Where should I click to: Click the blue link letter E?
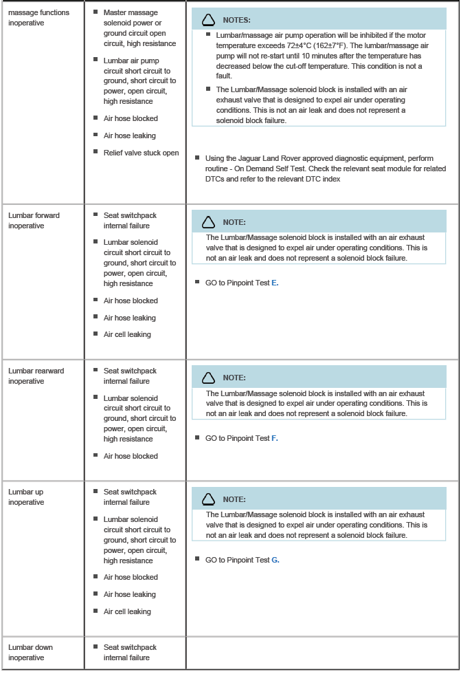coord(275,283)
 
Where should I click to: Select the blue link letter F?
coord(275,438)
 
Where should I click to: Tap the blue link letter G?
coord(275,560)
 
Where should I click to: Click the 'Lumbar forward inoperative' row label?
coord(34,220)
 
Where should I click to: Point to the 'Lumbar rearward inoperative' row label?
coord(36,376)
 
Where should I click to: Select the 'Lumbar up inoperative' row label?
coord(26,497)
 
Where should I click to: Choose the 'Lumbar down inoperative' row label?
coord(30,652)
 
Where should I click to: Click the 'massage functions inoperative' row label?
coord(38,17)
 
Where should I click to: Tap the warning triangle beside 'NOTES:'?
coord(207,20)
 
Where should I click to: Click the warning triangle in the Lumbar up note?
coord(207,499)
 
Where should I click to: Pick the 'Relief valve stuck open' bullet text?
coord(141,153)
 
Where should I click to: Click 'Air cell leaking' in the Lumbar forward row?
coord(127,334)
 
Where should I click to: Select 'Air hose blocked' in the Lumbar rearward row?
coord(131,456)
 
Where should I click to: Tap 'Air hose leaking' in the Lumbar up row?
coord(130,594)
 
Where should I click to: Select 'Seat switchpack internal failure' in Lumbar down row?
coord(130,652)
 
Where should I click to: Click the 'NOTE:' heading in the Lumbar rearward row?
coord(234,378)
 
